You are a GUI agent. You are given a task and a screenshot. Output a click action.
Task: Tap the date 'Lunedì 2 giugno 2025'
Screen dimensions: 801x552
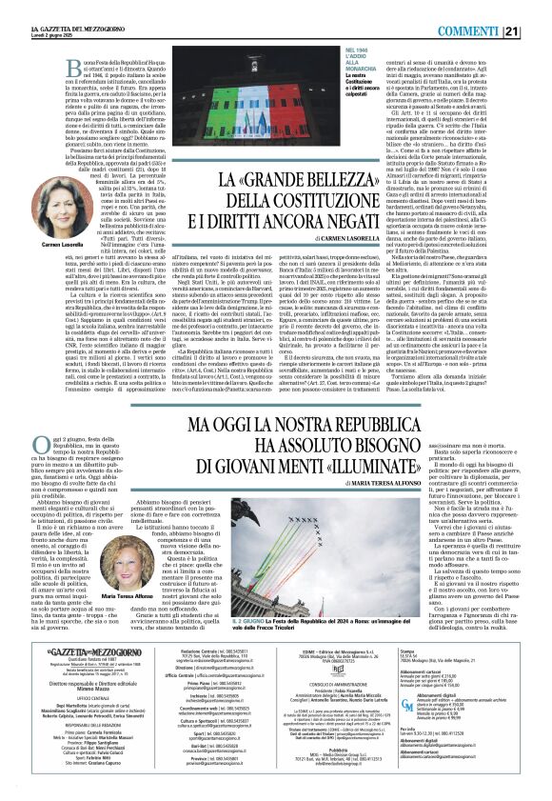click(29, 15)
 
